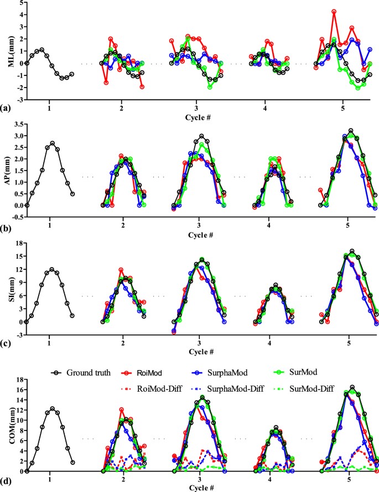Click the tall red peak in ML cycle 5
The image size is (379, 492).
pyautogui.click(x=334, y=11)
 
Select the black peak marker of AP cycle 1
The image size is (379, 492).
pyautogui.click(x=52, y=143)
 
